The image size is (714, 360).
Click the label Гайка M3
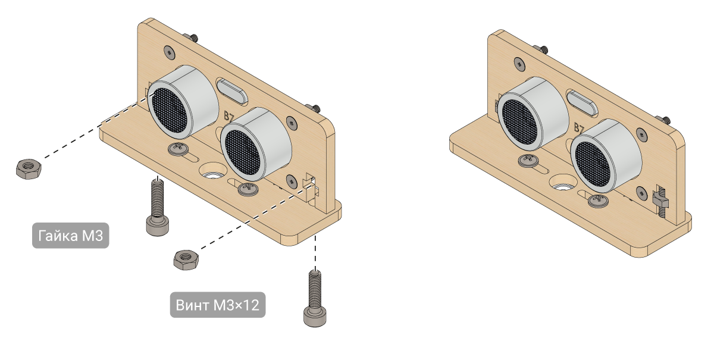click(70, 235)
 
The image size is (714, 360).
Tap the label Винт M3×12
click(218, 305)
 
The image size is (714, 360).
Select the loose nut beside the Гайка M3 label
click(29, 169)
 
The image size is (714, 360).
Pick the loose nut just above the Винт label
click(186, 260)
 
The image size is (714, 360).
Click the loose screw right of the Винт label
click(315, 298)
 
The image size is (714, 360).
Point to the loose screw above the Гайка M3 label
click(158, 207)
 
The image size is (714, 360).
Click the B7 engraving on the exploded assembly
click(229, 116)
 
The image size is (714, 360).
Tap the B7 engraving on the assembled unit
click(579, 128)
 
